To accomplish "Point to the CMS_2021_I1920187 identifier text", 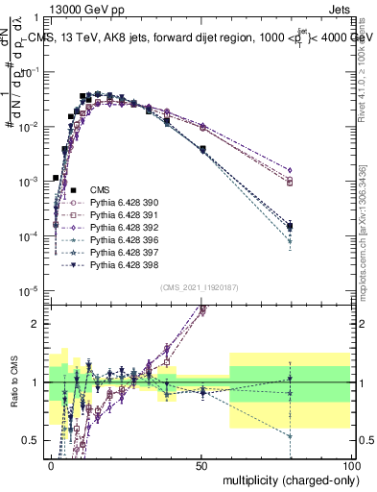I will click(199, 287).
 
